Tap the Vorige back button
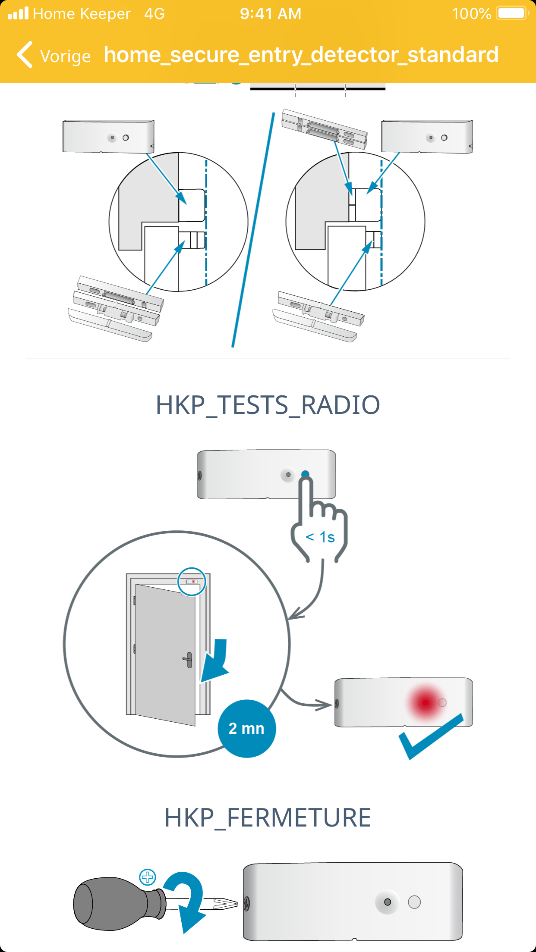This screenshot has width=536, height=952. click(54, 55)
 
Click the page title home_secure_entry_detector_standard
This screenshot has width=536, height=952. click(301, 55)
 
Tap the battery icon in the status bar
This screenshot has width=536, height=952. click(512, 13)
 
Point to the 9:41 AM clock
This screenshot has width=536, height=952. click(271, 14)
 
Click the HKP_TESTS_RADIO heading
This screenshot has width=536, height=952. click(268, 405)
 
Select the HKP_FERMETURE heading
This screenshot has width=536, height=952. click(268, 817)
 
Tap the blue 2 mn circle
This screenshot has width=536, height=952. click(246, 728)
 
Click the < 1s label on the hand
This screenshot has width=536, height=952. click(320, 537)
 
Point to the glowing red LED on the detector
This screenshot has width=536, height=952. click(426, 703)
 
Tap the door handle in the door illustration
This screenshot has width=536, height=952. click(189, 660)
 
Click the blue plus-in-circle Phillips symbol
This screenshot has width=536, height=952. click(148, 877)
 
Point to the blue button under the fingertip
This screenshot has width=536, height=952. click(305, 474)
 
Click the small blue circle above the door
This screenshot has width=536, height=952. click(192, 582)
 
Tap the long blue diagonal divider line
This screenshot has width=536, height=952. click(254, 229)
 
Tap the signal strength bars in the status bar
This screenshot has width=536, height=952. click(18, 14)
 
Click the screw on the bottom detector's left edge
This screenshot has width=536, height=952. click(246, 903)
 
